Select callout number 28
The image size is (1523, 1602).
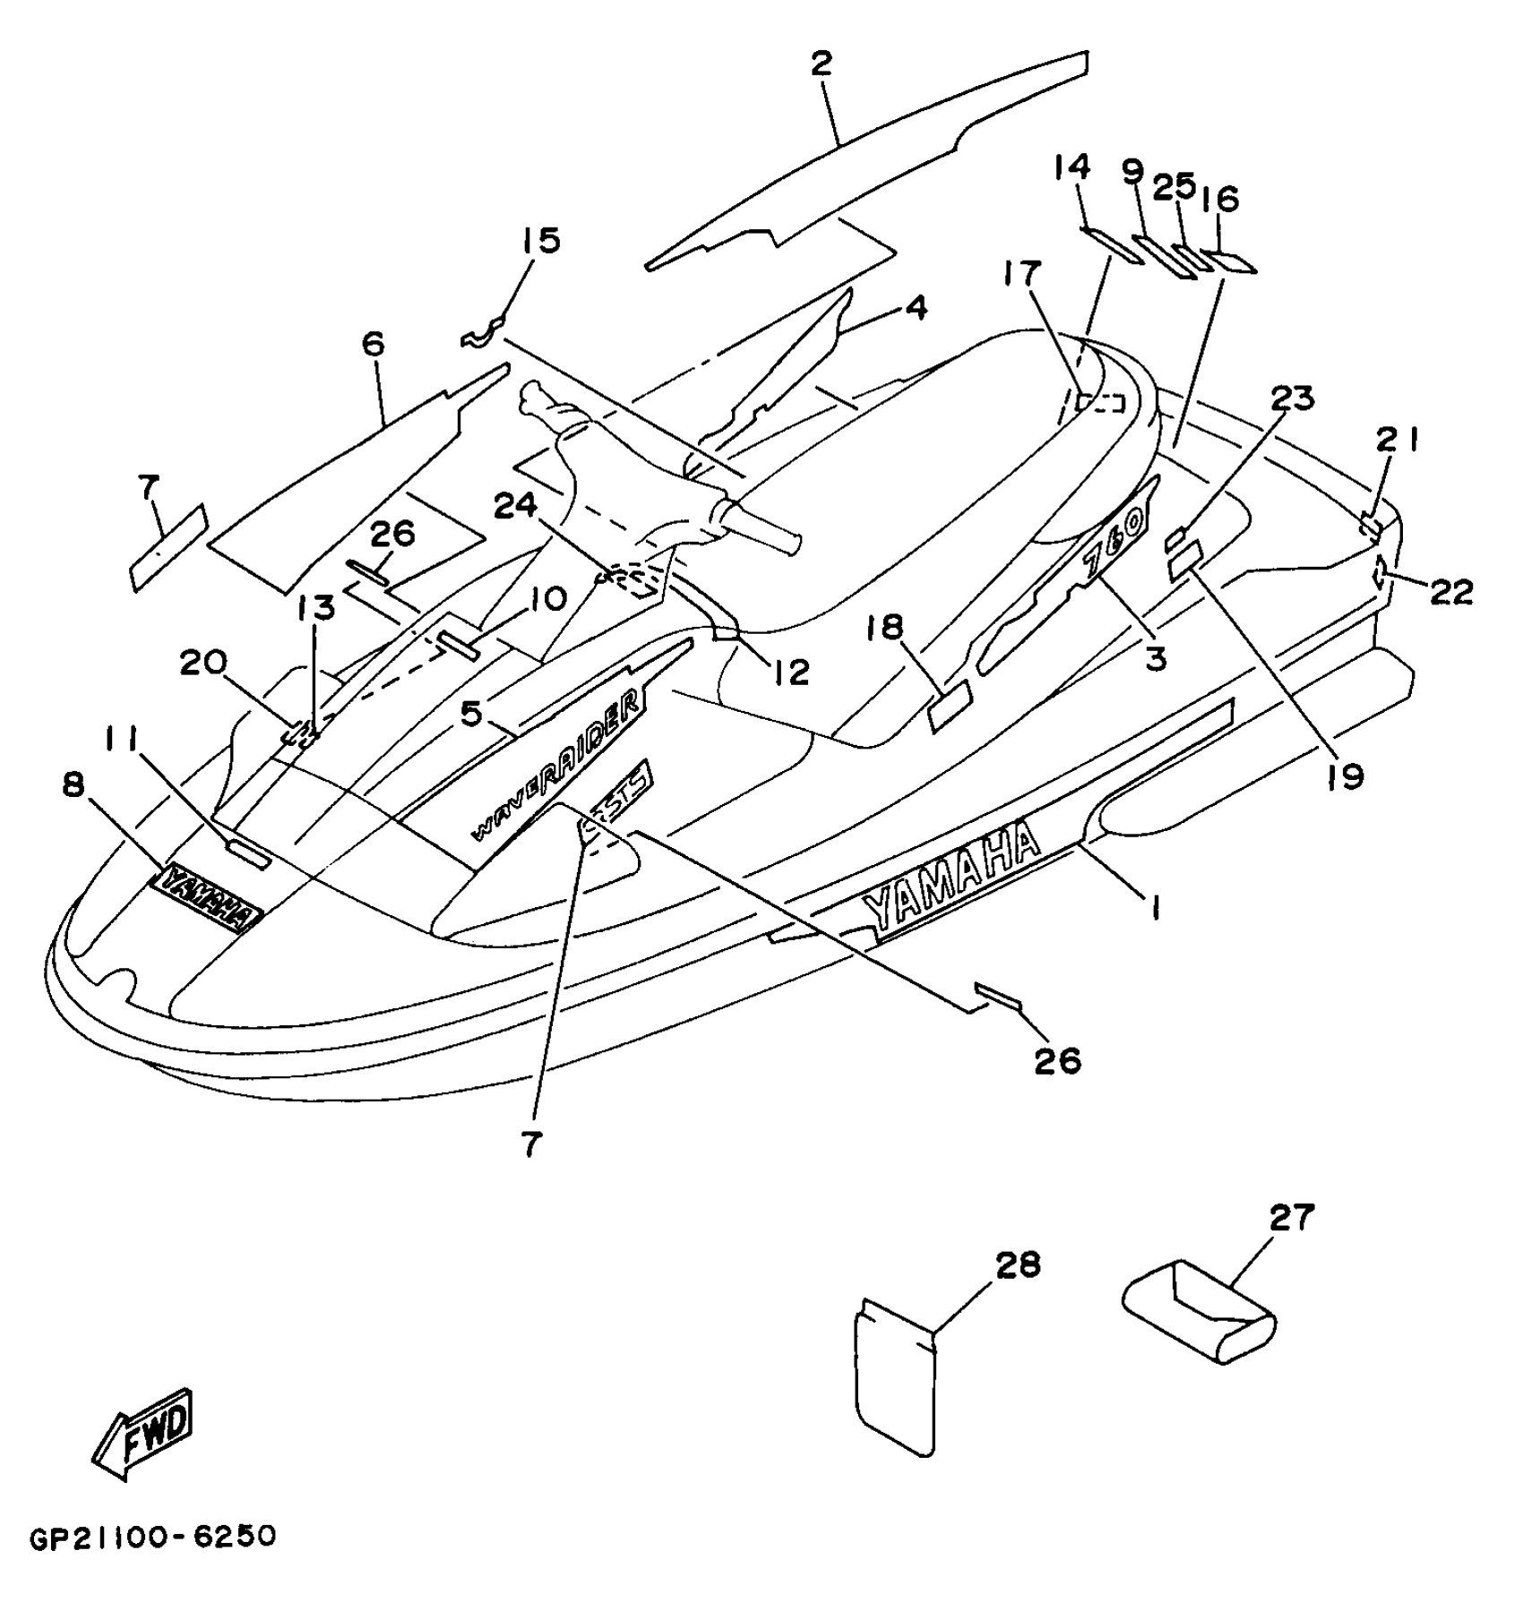click(1017, 1265)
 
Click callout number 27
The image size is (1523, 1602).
click(1291, 1217)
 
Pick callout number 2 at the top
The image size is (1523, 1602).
click(821, 63)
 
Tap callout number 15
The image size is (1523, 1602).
click(541, 240)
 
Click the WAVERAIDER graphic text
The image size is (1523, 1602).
click(558, 761)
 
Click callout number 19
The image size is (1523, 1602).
click(1346, 775)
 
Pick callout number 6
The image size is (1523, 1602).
click(373, 343)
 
